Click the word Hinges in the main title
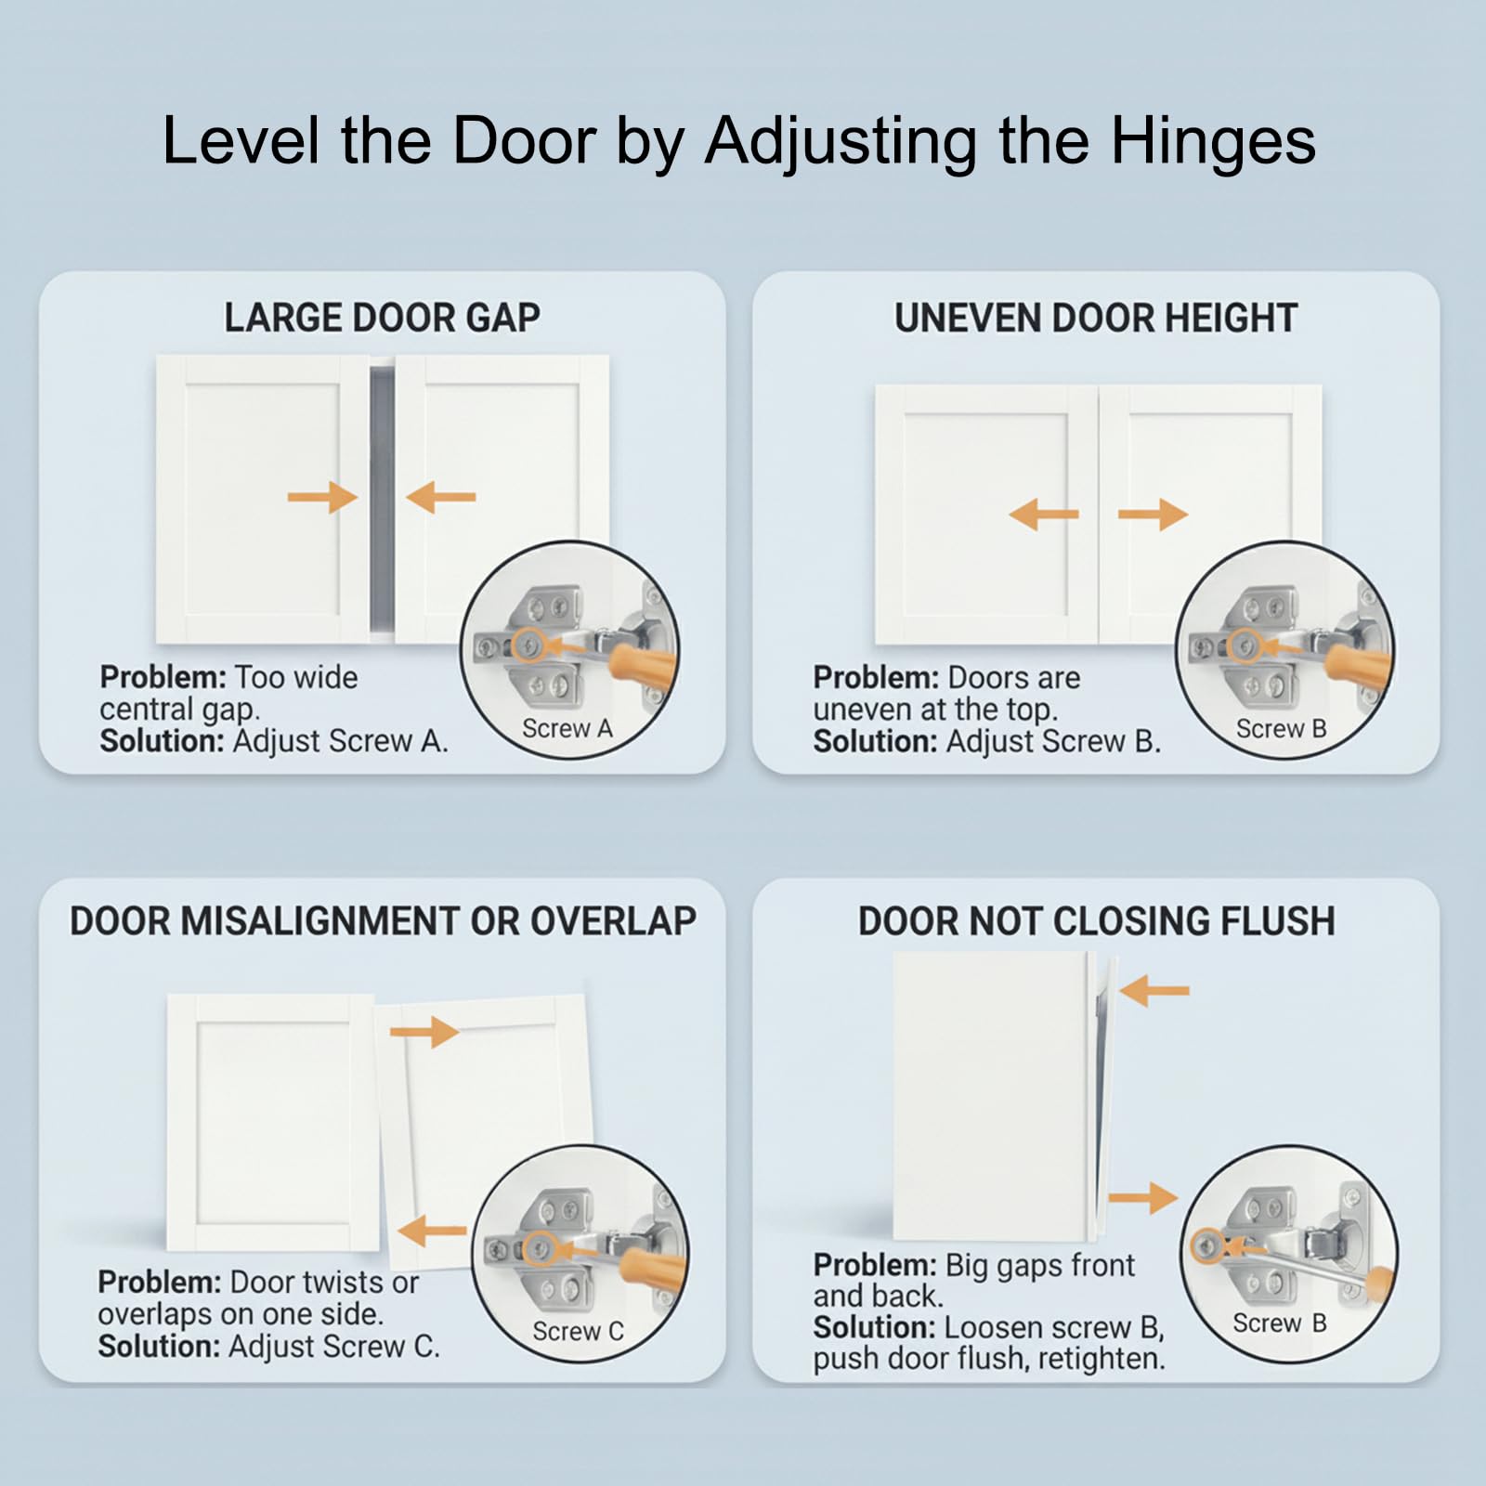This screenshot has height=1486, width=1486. [1213, 142]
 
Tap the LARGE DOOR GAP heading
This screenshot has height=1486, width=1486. [382, 318]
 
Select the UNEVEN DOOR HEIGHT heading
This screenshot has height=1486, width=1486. [1096, 318]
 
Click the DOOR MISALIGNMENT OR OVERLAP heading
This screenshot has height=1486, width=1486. [383, 921]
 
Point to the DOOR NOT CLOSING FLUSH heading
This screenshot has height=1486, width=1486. [1097, 921]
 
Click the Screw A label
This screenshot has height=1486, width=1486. [567, 729]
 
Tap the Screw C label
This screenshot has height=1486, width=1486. [578, 1332]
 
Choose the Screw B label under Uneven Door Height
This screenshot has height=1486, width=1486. [1281, 729]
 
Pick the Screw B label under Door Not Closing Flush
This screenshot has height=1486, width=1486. [1279, 1323]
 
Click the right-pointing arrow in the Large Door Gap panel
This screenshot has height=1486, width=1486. [322, 498]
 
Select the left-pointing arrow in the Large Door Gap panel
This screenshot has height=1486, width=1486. [441, 498]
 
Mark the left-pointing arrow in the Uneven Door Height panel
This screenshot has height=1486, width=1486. [1044, 514]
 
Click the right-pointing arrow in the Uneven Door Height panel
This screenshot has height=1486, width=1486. [1154, 514]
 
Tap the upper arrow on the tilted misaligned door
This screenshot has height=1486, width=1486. [424, 1032]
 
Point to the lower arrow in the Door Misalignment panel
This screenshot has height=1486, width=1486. [432, 1232]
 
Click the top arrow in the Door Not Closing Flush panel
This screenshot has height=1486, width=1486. [1154, 991]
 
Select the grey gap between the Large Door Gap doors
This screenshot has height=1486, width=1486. [382, 500]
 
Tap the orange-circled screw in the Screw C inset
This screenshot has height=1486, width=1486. [540, 1248]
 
